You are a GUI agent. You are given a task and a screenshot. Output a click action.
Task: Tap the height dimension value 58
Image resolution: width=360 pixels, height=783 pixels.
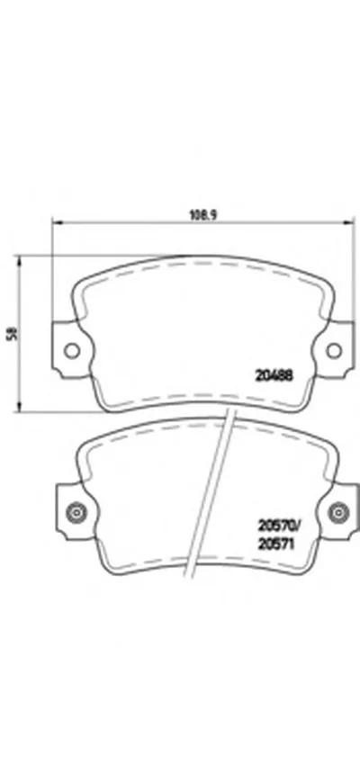(x=12, y=333)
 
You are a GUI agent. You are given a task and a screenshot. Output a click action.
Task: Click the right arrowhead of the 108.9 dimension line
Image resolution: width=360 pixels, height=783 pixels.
(x=346, y=225)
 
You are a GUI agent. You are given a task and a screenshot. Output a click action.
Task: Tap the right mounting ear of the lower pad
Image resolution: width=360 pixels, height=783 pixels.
(x=343, y=512)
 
